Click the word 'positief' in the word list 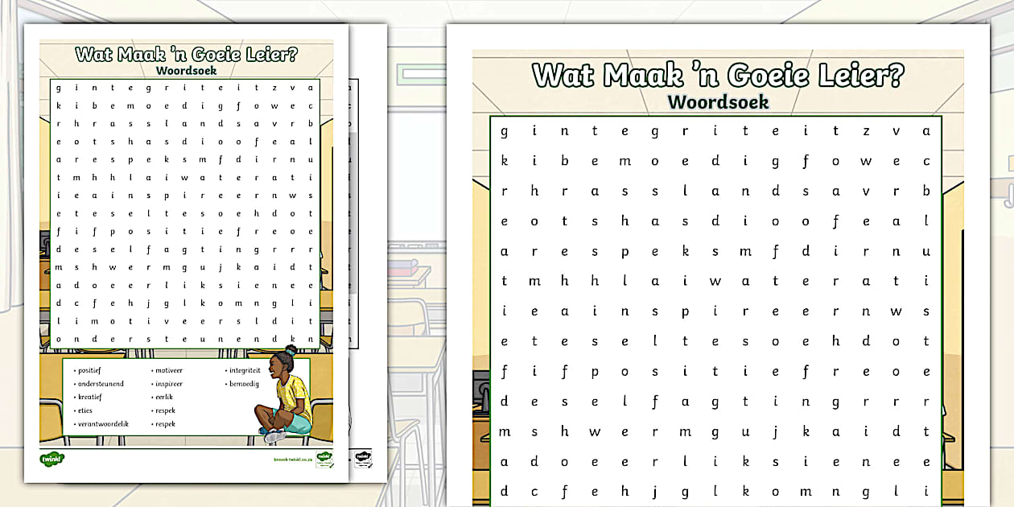click(x=89, y=371)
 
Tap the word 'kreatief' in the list click(x=89, y=397)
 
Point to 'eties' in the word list click(x=85, y=410)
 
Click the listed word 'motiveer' click(x=169, y=371)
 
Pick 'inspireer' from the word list click(x=170, y=384)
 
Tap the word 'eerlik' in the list click(x=164, y=397)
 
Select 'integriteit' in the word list click(x=245, y=371)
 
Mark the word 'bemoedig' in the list click(x=244, y=384)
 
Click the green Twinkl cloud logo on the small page click(x=52, y=459)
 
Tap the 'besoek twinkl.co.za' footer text click(x=293, y=458)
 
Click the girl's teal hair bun click(x=290, y=350)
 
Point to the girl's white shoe click(x=274, y=436)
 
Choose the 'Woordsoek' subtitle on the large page click(x=718, y=102)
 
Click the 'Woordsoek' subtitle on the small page click(x=186, y=71)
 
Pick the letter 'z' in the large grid click(x=866, y=131)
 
